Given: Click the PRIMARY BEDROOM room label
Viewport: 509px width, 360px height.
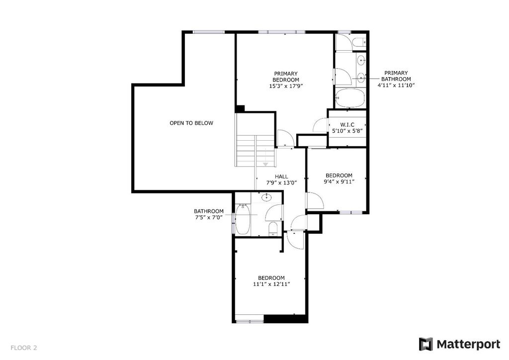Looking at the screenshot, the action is pyautogui.click(x=286, y=77).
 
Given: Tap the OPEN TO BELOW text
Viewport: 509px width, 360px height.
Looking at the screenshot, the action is pyautogui.click(x=191, y=123).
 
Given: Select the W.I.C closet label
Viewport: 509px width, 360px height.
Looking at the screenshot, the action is pyautogui.click(x=347, y=125).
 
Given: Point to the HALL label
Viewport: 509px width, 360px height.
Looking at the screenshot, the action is pyautogui.click(x=281, y=177).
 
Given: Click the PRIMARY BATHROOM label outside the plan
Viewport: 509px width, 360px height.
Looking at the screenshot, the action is pyautogui.click(x=396, y=76).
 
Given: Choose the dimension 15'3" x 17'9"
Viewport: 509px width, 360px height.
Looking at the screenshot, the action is pyautogui.click(x=286, y=86).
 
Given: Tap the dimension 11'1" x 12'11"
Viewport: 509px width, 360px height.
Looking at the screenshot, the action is pyautogui.click(x=271, y=284).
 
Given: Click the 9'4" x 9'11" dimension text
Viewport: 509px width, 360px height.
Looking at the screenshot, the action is pyautogui.click(x=339, y=182).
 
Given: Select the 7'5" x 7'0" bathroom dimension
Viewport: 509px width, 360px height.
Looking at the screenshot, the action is pyautogui.click(x=209, y=217).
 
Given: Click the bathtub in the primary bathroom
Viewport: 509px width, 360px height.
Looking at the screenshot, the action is pyautogui.click(x=349, y=98).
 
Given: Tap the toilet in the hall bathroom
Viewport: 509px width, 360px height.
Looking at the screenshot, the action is pyautogui.click(x=273, y=228).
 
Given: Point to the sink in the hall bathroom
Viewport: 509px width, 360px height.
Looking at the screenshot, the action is pyautogui.click(x=267, y=197).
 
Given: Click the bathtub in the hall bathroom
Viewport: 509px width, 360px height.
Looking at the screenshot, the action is pyautogui.click(x=243, y=219).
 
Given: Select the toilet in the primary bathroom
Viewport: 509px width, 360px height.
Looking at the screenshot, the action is pyautogui.click(x=359, y=42).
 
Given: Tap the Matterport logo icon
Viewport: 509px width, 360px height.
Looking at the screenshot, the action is pyautogui.click(x=425, y=344).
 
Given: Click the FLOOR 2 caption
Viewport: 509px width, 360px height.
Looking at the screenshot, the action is pyautogui.click(x=24, y=348).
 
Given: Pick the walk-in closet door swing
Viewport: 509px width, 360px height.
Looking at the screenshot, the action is pyautogui.click(x=321, y=125).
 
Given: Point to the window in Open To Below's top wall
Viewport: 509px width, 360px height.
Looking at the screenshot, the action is pyautogui.click(x=208, y=32).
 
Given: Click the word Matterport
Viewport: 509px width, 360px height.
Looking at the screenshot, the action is pyautogui.click(x=468, y=344).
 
